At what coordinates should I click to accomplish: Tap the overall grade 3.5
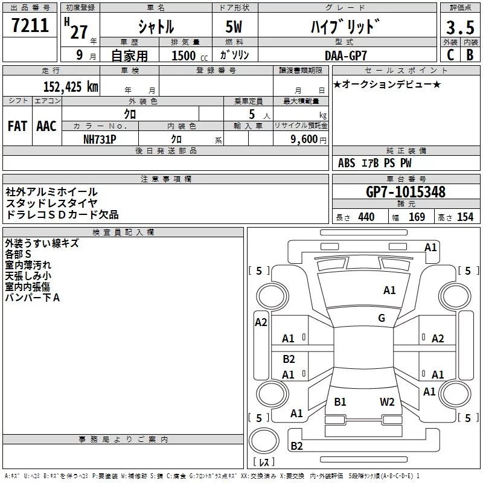[459, 28]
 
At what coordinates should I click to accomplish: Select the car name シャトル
[156, 27]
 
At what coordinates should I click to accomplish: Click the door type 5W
[234, 27]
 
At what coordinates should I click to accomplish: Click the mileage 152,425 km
[71, 86]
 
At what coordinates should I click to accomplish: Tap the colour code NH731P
[100, 138]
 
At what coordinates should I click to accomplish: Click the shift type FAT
[17, 126]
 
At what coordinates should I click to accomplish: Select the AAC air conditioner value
[46, 126]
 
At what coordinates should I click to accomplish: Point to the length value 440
[366, 217]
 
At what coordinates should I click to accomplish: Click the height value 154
[465, 217]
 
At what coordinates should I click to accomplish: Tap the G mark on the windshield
[382, 318]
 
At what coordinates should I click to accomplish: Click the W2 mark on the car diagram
[387, 401]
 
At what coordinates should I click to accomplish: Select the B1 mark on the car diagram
[340, 401]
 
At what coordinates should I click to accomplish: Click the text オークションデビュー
[391, 84]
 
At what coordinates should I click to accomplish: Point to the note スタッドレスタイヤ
[52, 203]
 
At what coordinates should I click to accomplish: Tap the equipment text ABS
[347, 163]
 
